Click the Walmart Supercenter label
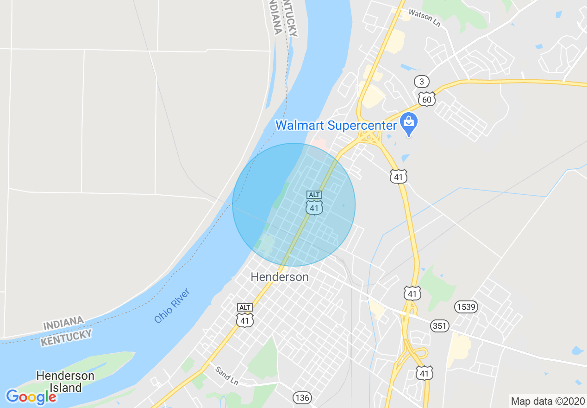coord(336,125)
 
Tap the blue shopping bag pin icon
coord(409,123)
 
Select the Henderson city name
coord(279,277)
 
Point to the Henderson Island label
coord(65,382)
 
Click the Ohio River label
coord(172,306)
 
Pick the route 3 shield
coord(421,82)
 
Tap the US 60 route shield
coord(426,99)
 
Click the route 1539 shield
coord(466,306)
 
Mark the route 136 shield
coord(302,397)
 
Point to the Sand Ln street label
coord(226,375)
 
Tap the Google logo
coord(31,397)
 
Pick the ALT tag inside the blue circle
coord(314,195)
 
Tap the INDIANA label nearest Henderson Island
coord(64,323)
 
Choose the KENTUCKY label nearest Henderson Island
coord(66,338)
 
